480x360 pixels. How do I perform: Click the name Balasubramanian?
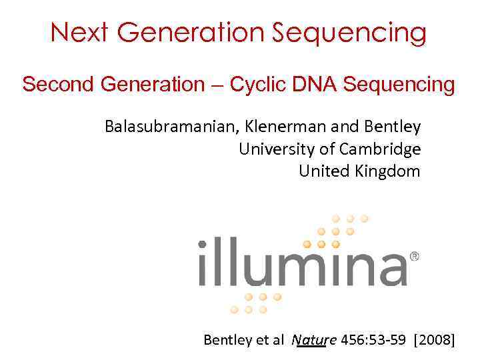click(x=169, y=126)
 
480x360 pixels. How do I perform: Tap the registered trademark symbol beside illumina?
click(x=414, y=256)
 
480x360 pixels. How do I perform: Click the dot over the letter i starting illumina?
click(x=202, y=245)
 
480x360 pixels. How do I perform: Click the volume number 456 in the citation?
click(x=351, y=340)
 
